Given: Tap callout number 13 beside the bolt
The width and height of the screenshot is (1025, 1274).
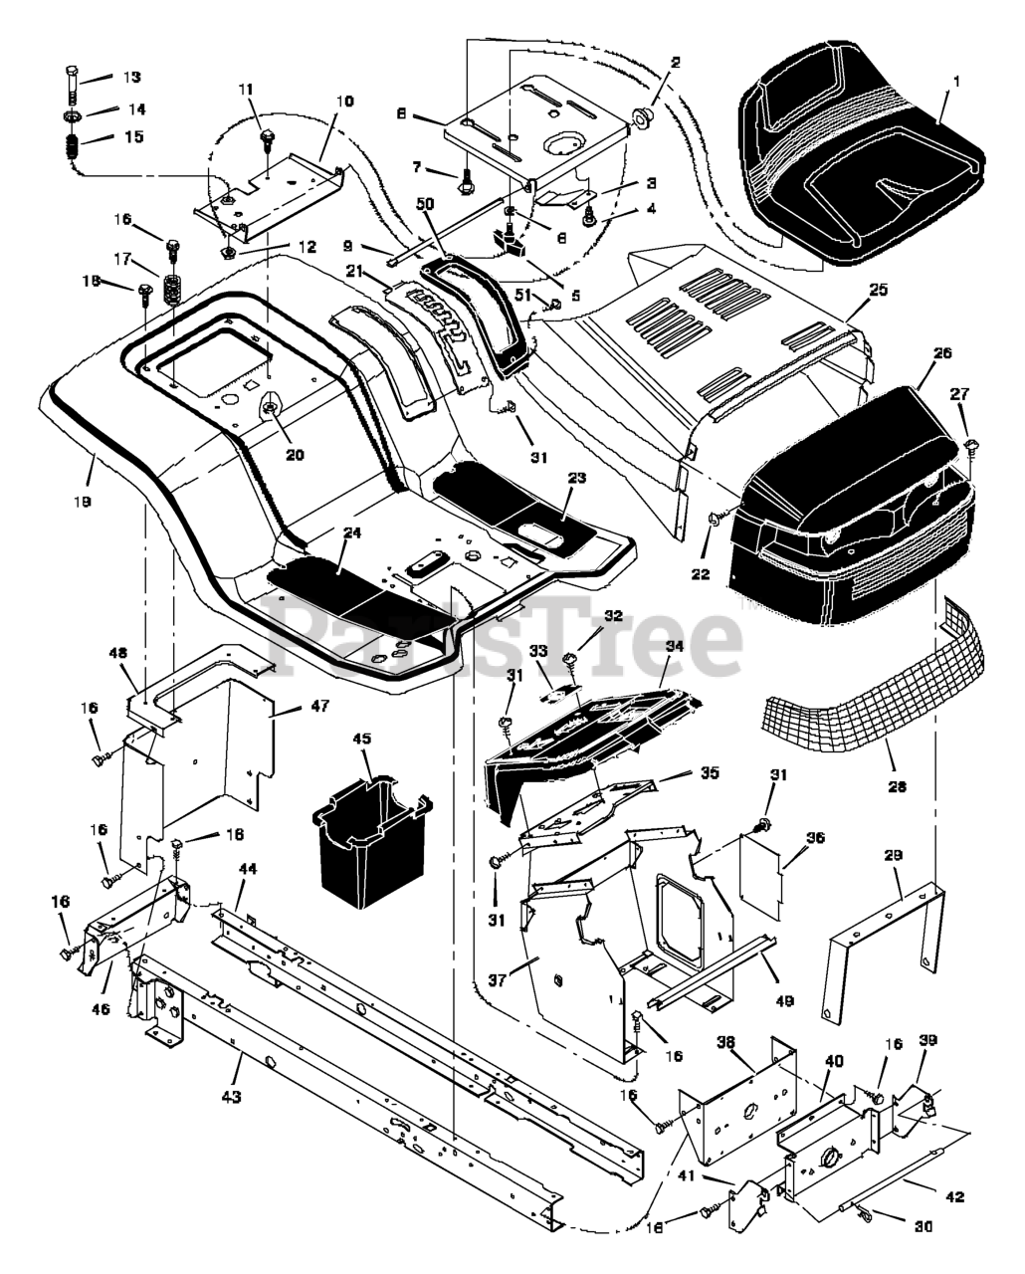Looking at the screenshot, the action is coord(131,77).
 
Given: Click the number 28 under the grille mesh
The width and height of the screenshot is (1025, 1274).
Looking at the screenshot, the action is coord(897,786).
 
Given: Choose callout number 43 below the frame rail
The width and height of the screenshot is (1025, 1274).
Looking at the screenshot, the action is coord(231,1097).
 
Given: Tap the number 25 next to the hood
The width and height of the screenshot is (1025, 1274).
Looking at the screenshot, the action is coord(878,290).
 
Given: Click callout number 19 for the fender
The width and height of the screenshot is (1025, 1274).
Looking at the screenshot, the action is coord(82,501).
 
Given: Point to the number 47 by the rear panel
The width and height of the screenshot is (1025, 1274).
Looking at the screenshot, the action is coord(319,706).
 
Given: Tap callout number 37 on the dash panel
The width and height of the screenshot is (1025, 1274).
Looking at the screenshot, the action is coord(497,980).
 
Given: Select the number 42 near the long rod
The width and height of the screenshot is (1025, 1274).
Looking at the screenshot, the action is coord(954,1195).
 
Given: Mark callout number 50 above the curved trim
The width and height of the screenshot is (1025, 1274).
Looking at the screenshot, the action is coord(425,204).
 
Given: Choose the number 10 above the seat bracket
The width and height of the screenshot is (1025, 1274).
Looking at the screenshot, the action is coord(344,102).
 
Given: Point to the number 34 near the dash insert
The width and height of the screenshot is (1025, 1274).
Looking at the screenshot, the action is coord(675,646).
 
